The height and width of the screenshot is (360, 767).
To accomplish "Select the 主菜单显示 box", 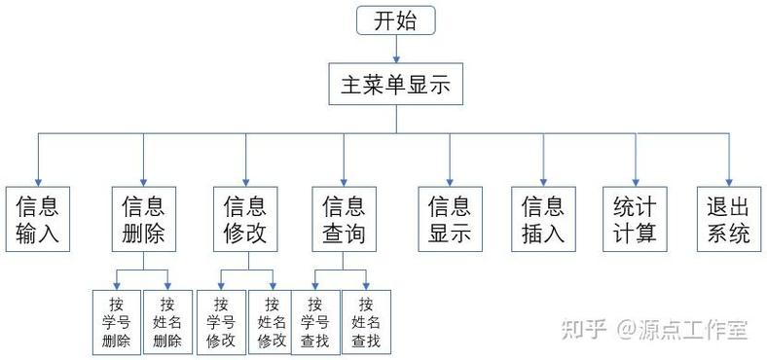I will (395, 85).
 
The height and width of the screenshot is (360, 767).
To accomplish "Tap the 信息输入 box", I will (37, 220).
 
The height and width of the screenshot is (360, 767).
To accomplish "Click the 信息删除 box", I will (143, 220).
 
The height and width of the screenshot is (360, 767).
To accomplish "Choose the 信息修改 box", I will (245, 220).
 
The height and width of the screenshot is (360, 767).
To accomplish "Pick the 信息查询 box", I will (344, 220).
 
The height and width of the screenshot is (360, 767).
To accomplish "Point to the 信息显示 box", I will (450, 220).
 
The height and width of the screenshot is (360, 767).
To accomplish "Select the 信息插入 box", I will (543, 220).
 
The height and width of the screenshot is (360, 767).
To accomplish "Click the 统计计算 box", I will (635, 220).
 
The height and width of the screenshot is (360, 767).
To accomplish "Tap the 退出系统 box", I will (728, 220).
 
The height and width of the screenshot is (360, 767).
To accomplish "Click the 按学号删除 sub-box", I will (116, 322).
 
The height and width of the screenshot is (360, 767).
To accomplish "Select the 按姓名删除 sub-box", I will (167, 322).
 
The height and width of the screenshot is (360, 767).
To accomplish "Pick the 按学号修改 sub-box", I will (221, 322).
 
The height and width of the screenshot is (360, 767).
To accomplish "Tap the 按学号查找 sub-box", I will (314, 322).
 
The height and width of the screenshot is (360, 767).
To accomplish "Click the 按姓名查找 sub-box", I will (366, 322).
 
